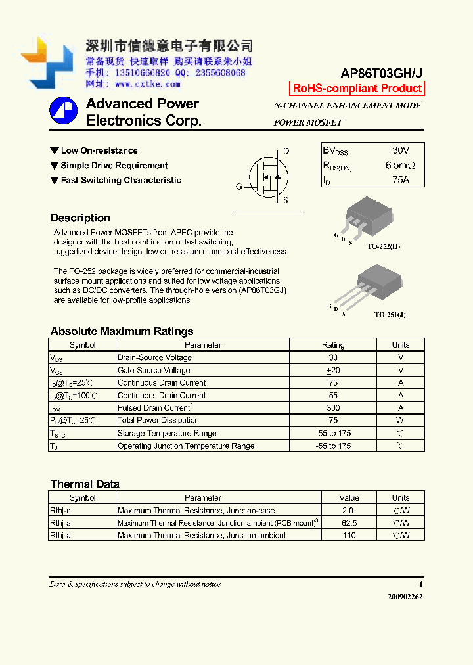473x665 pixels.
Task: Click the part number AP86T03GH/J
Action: [x=382, y=74]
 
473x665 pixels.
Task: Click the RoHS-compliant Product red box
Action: [x=357, y=89]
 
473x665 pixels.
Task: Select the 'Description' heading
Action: [x=80, y=218]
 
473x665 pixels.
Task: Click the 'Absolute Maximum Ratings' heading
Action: [x=122, y=331]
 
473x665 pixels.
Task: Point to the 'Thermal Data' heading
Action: [x=85, y=484]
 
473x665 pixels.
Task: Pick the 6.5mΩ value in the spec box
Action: [x=400, y=165]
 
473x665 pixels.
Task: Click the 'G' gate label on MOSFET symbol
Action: [x=239, y=187]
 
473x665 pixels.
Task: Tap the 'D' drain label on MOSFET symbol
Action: [x=286, y=151]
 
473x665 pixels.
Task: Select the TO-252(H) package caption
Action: [x=383, y=246]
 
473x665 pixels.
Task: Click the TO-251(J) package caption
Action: [x=390, y=315]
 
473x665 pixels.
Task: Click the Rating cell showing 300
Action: [x=333, y=408]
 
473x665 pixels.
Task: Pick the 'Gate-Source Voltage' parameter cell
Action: [x=154, y=371]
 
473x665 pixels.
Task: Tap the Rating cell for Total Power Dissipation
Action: [x=333, y=421]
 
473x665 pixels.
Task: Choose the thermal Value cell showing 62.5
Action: [x=349, y=523]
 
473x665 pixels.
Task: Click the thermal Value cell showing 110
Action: [x=349, y=536]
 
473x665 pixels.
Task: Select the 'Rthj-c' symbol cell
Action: [x=60, y=511]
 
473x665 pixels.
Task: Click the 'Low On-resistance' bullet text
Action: [x=99, y=151]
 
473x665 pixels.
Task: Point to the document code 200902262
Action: [x=405, y=597]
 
